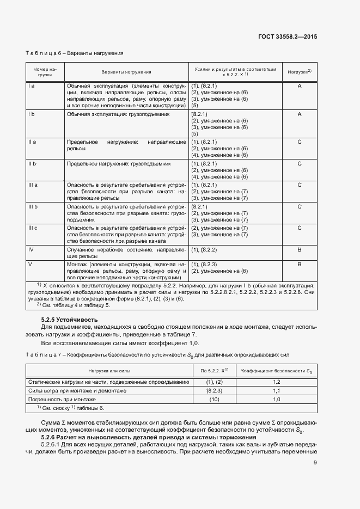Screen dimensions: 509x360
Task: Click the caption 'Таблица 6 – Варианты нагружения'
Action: (75, 53)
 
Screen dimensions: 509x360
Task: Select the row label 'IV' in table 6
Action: (31, 249)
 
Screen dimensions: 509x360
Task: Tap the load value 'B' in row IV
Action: (300, 249)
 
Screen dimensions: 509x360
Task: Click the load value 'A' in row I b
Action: (300, 114)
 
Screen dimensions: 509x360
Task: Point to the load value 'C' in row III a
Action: (300, 185)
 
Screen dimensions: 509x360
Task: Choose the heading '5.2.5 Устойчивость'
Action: (69, 319)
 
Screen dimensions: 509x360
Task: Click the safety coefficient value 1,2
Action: (276, 383)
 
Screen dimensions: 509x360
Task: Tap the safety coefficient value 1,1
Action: (276, 391)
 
